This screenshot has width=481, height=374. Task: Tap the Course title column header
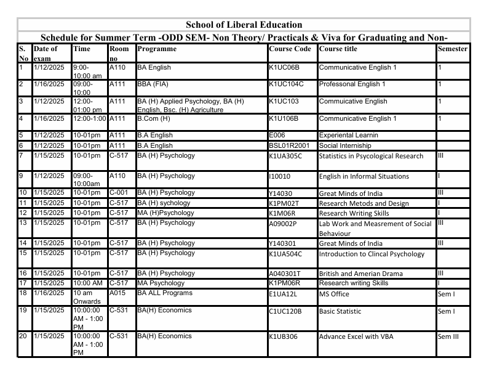click(338, 49)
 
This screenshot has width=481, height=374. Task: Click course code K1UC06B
click(285, 67)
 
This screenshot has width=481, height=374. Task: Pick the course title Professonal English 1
click(352, 84)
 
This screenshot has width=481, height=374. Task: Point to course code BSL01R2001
click(290, 145)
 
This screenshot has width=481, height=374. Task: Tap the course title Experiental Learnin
click(348, 135)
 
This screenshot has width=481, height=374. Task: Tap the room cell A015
click(117, 293)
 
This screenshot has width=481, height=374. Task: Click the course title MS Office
click(334, 293)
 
